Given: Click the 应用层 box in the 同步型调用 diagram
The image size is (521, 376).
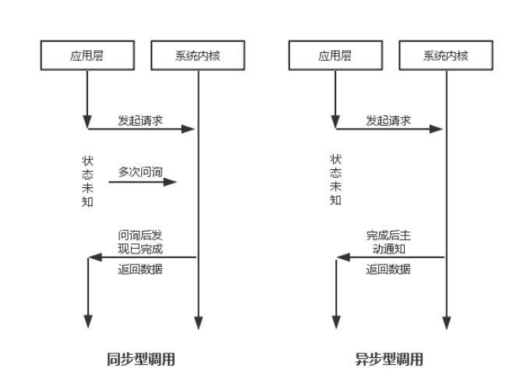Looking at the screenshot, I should click(87, 55).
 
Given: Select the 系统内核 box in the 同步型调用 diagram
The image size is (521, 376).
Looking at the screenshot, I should click(198, 55).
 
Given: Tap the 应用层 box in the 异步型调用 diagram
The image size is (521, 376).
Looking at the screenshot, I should click(335, 55).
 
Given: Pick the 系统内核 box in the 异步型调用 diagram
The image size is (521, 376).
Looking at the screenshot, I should click(445, 55).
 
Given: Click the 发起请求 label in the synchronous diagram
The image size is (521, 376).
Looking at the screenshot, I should click(140, 121).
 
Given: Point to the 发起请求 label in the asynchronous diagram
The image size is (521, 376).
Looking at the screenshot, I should click(388, 121).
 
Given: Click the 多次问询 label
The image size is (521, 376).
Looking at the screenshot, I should click(140, 171).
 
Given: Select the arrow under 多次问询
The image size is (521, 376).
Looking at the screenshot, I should click(142, 183).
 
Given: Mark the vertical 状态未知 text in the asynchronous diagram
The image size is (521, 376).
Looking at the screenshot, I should click(335, 180).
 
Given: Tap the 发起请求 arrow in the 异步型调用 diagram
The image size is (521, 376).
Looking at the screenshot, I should click(390, 129).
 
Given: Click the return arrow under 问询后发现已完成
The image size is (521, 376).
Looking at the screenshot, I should click(142, 257).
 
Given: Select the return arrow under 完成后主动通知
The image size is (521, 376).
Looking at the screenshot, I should click(390, 257).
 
